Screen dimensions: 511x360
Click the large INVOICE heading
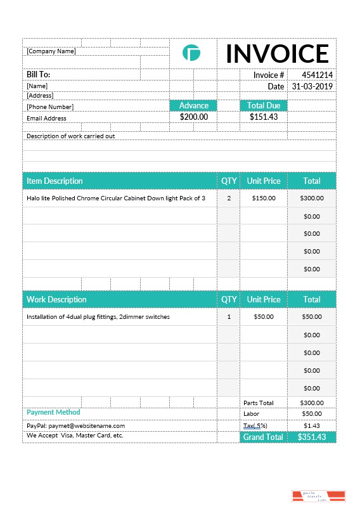(277, 54)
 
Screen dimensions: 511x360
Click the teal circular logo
(191, 53)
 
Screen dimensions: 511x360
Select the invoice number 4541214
(317, 75)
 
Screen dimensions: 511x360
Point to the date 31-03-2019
(312, 86)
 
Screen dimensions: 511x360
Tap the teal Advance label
(193, 105)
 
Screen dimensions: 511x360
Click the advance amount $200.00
(193, 117)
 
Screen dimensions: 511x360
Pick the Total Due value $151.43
(264, 117)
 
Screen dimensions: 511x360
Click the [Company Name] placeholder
(51, 51)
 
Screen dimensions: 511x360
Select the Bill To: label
(39, 75)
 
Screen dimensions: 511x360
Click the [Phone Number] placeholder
(50, 107)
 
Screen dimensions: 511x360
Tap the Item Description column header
(55, 181)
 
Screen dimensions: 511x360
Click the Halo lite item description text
(116, 198)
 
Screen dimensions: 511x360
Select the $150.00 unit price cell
(264, 198)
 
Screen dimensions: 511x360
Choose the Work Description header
(56, 299)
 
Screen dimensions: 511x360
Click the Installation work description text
(98, 316)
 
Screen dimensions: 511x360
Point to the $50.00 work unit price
(264, 316)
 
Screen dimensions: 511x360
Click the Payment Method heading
(53, 412)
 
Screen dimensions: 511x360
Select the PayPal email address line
(75, 426)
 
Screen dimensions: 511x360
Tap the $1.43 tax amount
(311, 425)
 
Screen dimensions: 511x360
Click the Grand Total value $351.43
(311, 437)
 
